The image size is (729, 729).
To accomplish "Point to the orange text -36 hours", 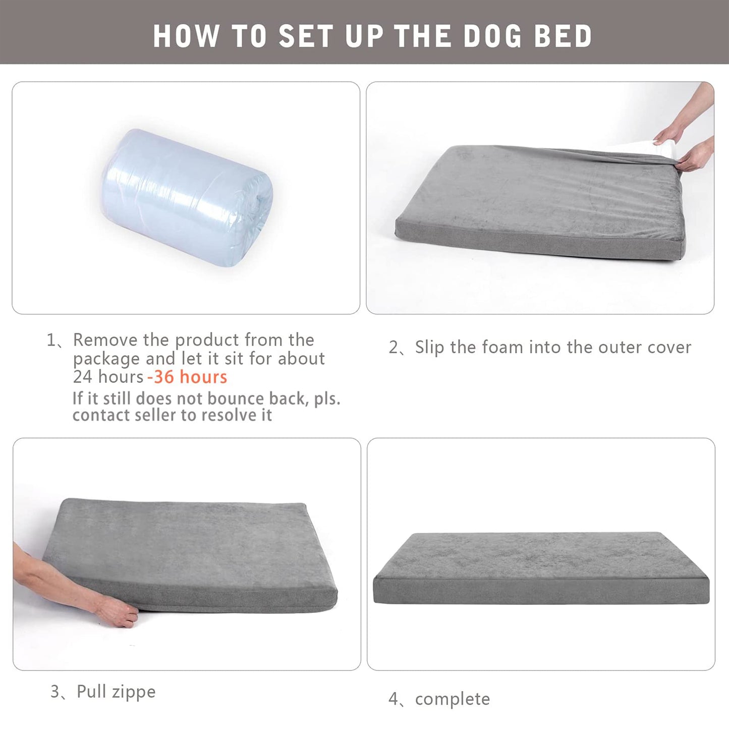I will [x=187, y=377].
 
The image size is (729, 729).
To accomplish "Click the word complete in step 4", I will [x=452, y=699].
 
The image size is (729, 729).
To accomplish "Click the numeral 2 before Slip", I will [x=394, y=347].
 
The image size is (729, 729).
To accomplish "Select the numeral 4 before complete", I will [x=394, y=699].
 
